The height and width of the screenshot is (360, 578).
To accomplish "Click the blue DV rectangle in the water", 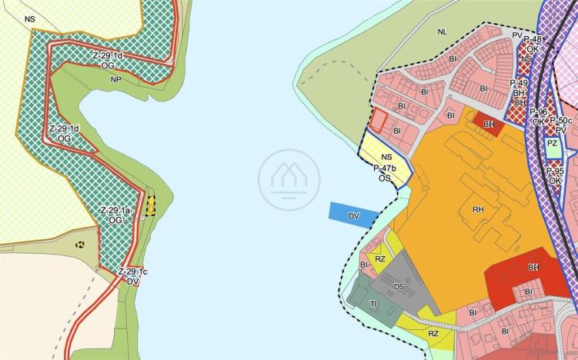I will click(352, 215).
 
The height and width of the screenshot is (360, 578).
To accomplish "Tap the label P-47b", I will click(385, 168).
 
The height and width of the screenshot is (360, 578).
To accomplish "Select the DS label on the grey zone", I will click(399, 287).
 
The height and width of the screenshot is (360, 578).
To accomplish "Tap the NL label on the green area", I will click(442, 32).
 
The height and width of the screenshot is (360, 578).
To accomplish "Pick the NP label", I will click(116, 79).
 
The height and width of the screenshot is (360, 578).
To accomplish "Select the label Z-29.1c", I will click(132, 272).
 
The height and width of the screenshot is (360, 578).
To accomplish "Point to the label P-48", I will click(532, 39).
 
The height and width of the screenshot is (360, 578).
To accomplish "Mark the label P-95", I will click(556, 171).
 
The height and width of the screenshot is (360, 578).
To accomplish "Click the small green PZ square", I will click(552, 144).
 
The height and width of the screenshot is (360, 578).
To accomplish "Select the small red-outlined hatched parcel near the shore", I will click(379, 119).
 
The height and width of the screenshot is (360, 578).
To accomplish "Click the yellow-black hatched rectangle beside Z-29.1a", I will click(151, 205).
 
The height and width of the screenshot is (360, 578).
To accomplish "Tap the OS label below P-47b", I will click(385, 178).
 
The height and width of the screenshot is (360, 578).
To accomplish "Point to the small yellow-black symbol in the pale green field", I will click(80, 244).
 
